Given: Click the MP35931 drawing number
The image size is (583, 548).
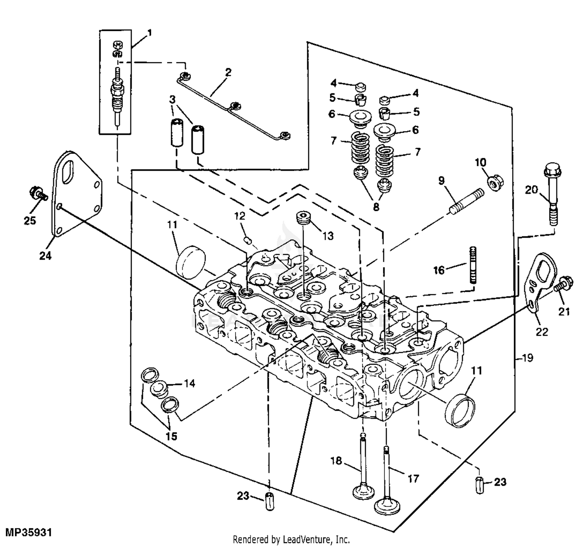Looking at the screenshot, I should [28, 532].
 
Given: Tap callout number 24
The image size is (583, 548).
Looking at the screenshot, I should [45, 256].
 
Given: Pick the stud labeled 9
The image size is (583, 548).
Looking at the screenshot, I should [466, 201].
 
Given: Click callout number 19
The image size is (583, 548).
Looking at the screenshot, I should [527, 358].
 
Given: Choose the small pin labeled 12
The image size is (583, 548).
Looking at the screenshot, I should [247, 239].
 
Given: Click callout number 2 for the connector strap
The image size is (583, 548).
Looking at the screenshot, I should [228, 72].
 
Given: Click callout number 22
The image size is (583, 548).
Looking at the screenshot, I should [542, 332].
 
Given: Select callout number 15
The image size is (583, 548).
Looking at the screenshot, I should [171, 436].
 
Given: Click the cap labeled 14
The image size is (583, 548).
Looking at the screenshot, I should [159, 387].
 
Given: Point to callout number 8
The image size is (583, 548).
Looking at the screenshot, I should [376, 207].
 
